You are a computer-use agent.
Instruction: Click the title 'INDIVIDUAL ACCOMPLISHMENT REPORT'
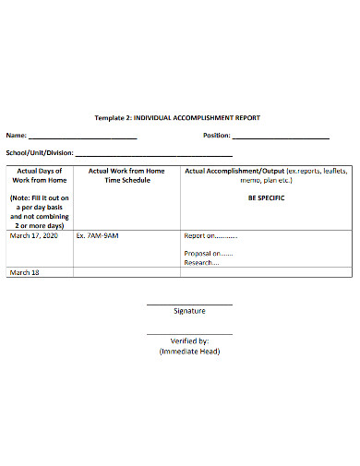[x=198, y=118]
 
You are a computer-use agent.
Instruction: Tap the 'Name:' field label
[x=18, y=136]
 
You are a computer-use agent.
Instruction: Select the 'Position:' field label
[x=218, y=136]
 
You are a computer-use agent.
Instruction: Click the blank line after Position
[x=282, y=138]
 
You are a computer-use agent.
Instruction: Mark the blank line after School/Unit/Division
[x=153, y=156]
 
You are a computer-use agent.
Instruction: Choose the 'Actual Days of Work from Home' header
[x=40, y=175]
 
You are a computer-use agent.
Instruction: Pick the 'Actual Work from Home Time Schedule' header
[x=126, y=175]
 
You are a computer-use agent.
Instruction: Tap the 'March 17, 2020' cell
[x=33, y=235]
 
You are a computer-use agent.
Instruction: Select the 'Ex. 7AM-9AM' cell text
[x=97, y=235]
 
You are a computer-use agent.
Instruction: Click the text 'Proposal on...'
[x=209, y=253]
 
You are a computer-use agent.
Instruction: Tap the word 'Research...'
[x=201, y=262]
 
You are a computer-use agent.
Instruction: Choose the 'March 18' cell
[x=25, y=273]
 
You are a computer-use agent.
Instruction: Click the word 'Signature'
[x=189, y=311]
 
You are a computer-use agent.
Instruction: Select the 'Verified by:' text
[x=189, y=341]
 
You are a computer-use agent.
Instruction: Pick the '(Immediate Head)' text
[x=189, y=351]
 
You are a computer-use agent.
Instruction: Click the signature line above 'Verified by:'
[x=189, y=334]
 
